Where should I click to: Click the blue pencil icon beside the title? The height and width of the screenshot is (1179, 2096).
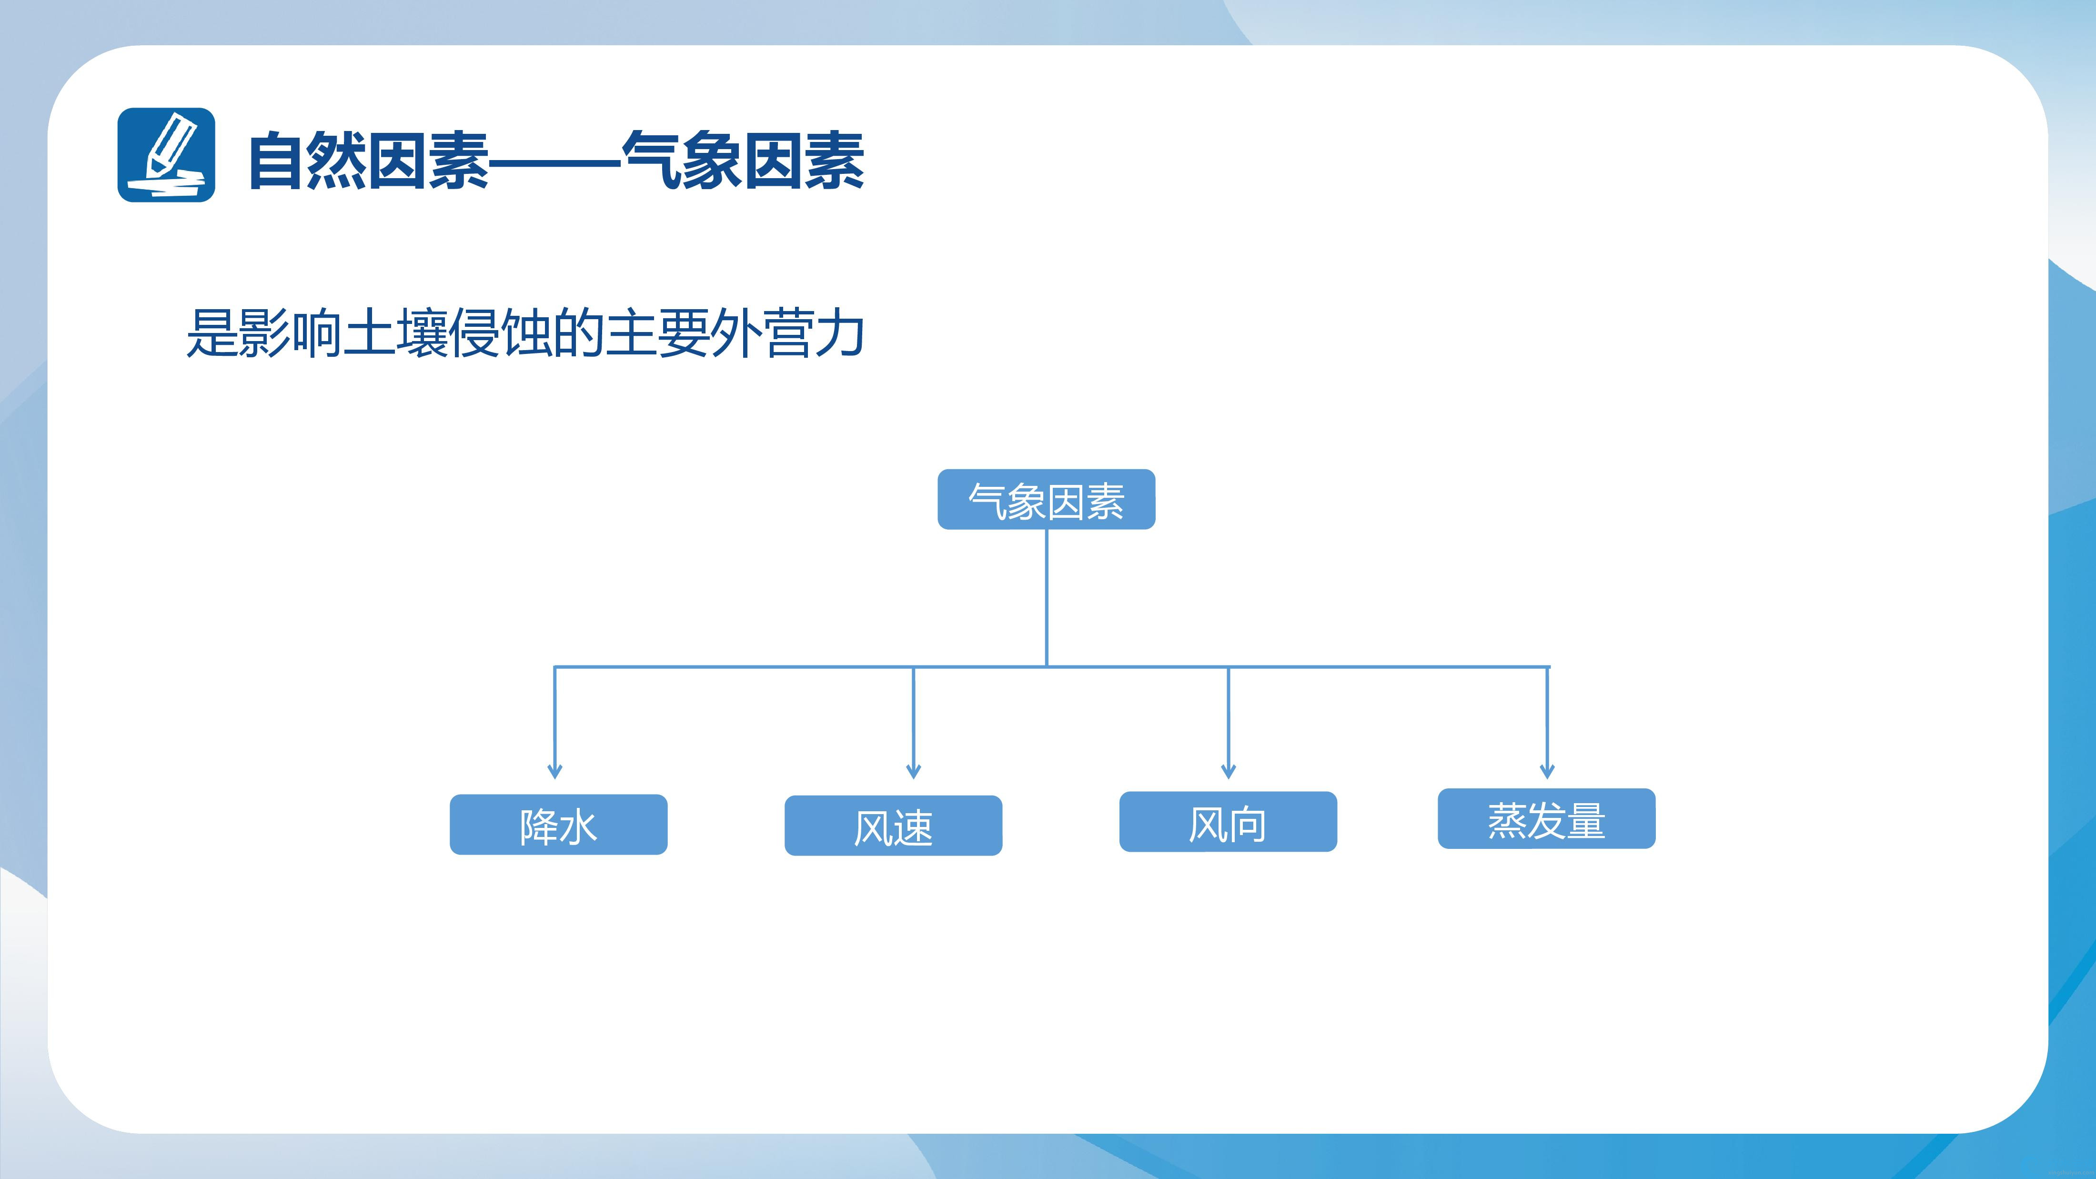click(x=166, y=155)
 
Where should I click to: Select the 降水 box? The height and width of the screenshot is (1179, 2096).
click(x=558, y=824)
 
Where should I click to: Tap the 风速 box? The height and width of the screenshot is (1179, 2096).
click(x=893, y=825)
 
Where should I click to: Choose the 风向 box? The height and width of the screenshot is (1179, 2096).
click(x=1228, y=822)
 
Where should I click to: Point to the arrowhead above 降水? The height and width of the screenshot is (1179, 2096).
click(x=555, y=771)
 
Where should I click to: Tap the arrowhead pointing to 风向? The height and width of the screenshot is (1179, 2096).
click(x=1229, y=771)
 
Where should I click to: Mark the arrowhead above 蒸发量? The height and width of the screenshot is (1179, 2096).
click(x=1548, y=771)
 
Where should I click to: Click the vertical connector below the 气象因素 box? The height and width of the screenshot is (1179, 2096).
click(x=1047, y=598)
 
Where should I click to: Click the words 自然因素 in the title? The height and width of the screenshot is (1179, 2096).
click(x=368, y=161)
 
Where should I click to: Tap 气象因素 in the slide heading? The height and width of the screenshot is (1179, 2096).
click(x=743, y=161)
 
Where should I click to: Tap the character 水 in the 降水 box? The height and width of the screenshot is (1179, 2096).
click(x=578, y=826)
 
